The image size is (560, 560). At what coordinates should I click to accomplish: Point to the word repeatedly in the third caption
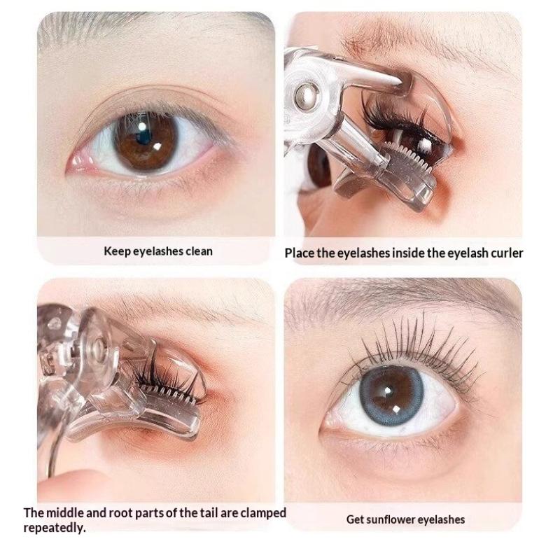point(55,528)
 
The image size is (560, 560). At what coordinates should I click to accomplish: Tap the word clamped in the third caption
point(263,513)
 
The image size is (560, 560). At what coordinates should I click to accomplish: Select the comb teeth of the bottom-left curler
point(168,393)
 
